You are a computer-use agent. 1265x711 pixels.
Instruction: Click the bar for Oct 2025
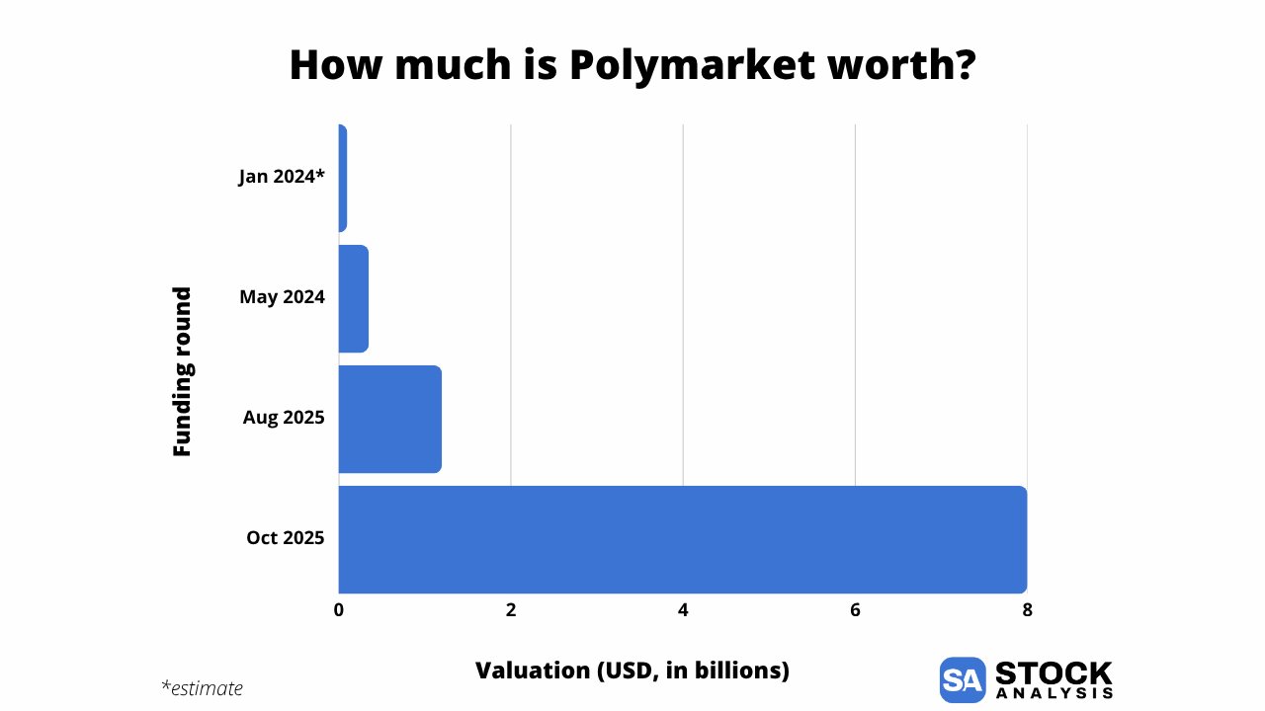click(682, 539)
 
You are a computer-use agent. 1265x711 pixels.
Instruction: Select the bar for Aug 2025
click(389, 419)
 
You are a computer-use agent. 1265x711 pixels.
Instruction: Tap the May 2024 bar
click(353, 298)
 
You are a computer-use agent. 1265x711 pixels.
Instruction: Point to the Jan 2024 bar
click(342, 178)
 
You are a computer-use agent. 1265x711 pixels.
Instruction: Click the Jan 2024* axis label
click(282, 177)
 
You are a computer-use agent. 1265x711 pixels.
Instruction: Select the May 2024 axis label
click(282, 296)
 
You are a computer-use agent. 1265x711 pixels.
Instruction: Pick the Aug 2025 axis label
click(284, 418)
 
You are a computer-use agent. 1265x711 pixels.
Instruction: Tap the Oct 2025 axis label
click(286, 538)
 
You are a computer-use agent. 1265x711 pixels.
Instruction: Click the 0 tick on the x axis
click(339, 610)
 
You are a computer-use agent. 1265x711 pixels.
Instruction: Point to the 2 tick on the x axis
click(511, 610)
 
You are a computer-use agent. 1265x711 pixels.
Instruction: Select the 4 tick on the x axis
click(683, 610)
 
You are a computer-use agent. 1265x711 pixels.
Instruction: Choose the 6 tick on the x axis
click(855, 610)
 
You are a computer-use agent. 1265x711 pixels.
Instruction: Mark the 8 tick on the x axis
click(1027, 610)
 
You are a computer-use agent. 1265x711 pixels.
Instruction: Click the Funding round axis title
click(182, 371)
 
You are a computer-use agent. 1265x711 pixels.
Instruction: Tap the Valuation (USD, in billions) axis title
click(632, 671)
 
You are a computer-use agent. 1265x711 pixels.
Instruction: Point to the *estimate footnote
click(202, 688)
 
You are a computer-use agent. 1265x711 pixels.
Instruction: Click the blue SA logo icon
click(963, 679)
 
